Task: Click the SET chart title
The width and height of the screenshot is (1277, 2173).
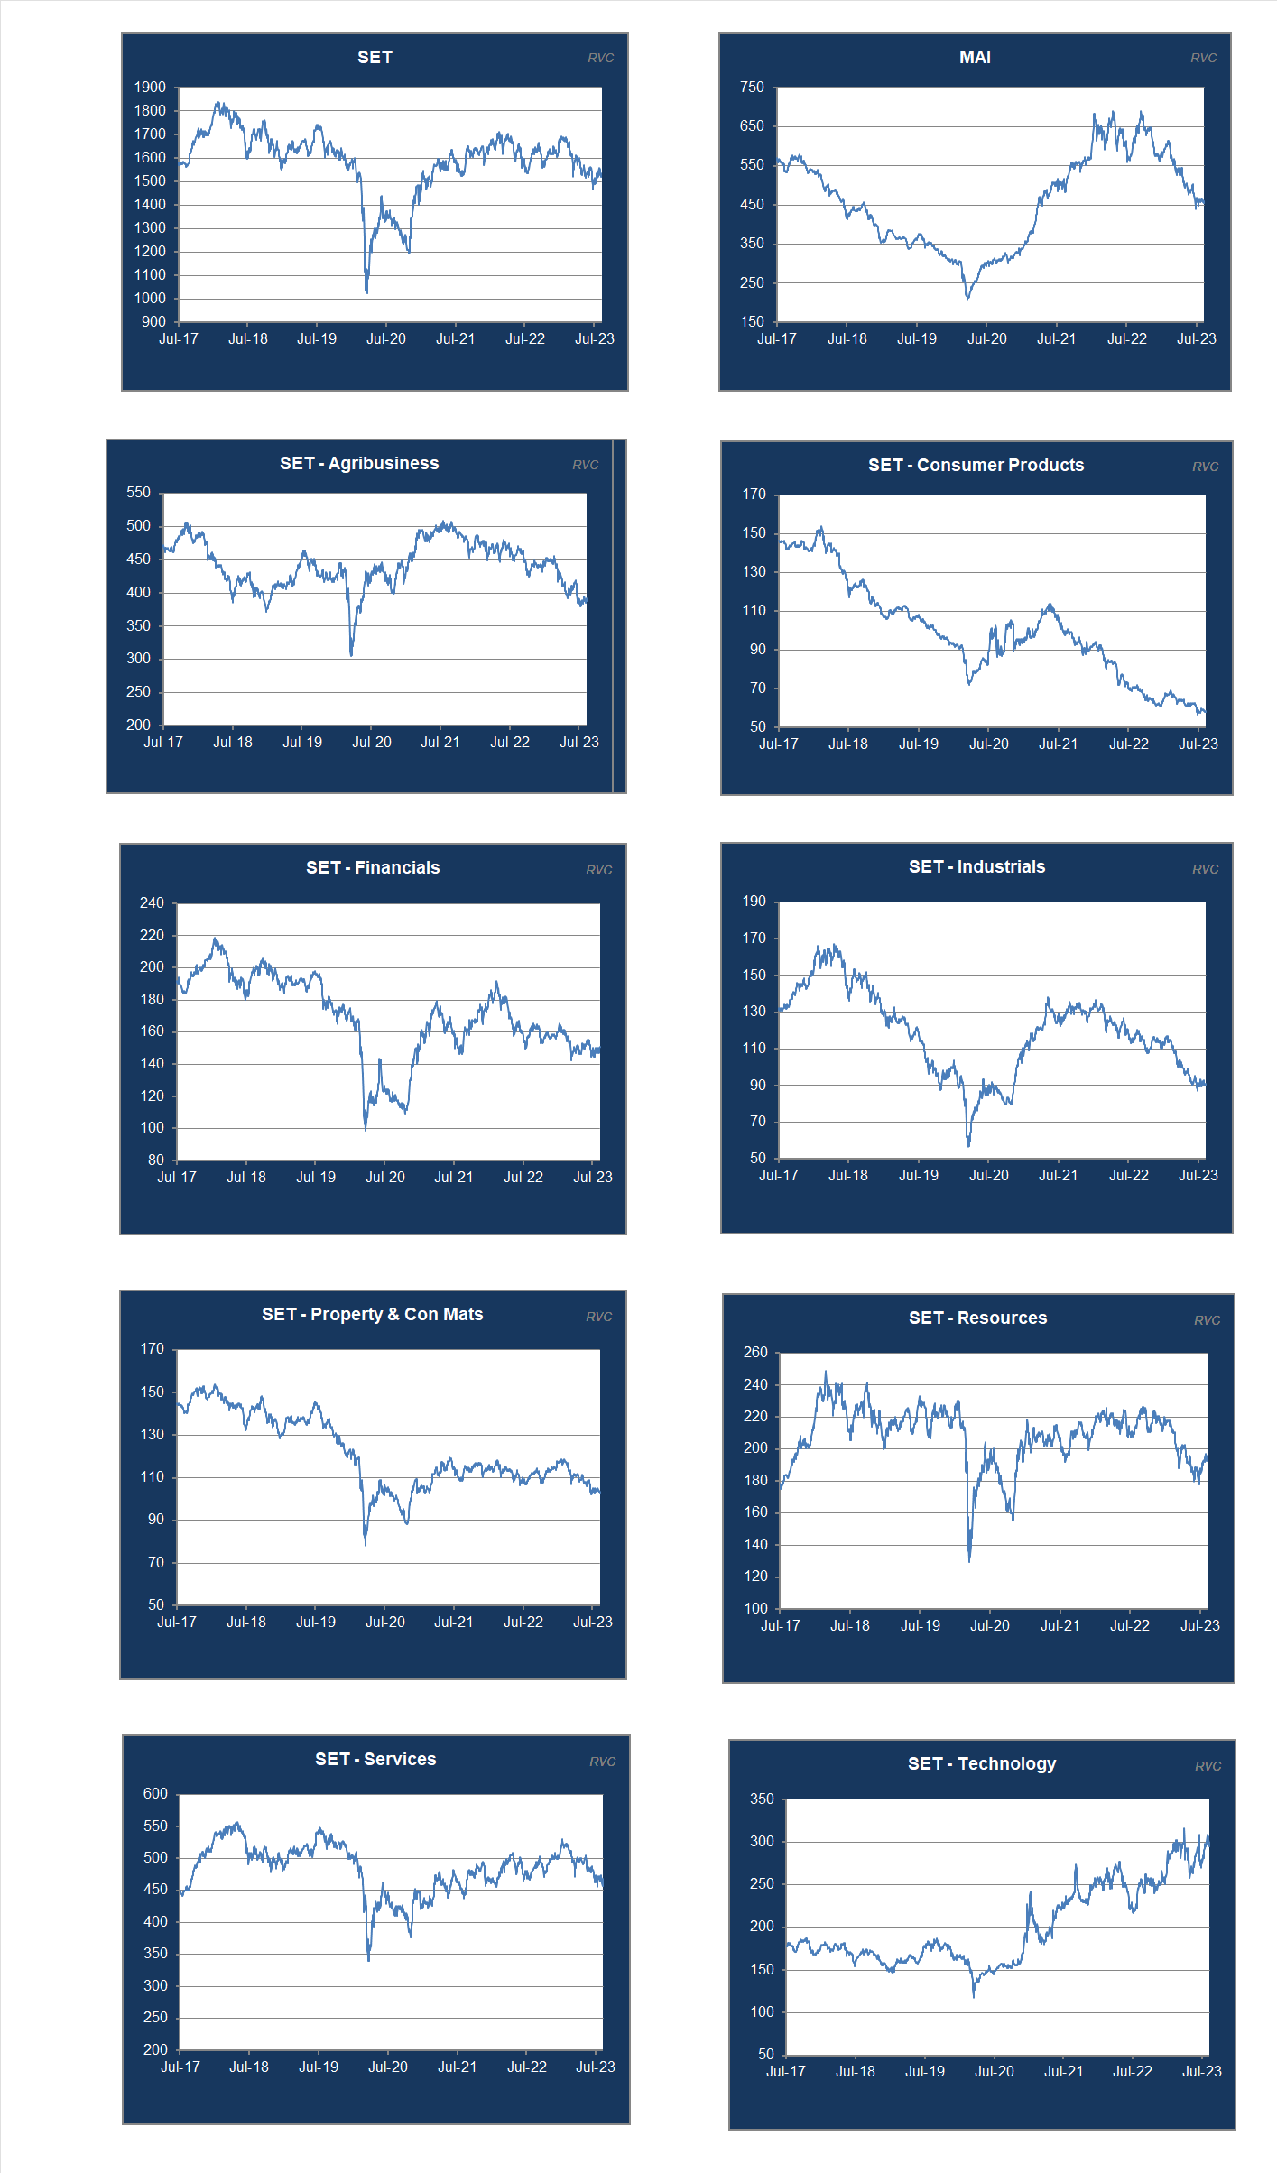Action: (375, 57)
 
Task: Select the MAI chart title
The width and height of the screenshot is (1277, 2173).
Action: (975, 57)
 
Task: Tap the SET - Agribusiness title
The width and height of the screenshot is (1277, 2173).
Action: (359, 463)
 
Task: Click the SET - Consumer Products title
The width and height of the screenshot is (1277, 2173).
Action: (976, 465)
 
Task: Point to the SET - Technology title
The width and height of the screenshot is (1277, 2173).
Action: (982, 1763)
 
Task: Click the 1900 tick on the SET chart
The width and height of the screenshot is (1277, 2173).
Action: (150, 88)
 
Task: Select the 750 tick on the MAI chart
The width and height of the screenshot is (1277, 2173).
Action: (752, 88)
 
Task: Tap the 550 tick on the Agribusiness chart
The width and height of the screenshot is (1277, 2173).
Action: (138, 493)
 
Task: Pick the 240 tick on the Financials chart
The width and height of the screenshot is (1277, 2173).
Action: (152, 903)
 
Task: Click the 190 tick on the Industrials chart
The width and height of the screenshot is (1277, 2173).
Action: (754, 902)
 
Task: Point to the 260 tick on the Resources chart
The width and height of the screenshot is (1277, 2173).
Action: (755, 1352)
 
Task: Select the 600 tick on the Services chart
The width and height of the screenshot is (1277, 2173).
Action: (155, 1794)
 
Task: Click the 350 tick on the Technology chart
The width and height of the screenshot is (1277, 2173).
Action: (762, 1799)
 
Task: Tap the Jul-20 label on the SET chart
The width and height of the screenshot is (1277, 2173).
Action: (386, 339)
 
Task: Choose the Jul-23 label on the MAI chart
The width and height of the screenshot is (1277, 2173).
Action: (1197, 339)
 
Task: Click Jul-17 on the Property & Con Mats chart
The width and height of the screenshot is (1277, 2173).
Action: (177, 1622)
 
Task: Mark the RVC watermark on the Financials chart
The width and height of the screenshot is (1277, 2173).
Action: (599, 870)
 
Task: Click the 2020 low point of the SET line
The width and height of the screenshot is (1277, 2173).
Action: (366, 291)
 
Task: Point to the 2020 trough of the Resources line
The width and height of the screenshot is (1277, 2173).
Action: (969, 1560)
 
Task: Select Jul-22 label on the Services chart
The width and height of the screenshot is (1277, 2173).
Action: (527, 2067)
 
